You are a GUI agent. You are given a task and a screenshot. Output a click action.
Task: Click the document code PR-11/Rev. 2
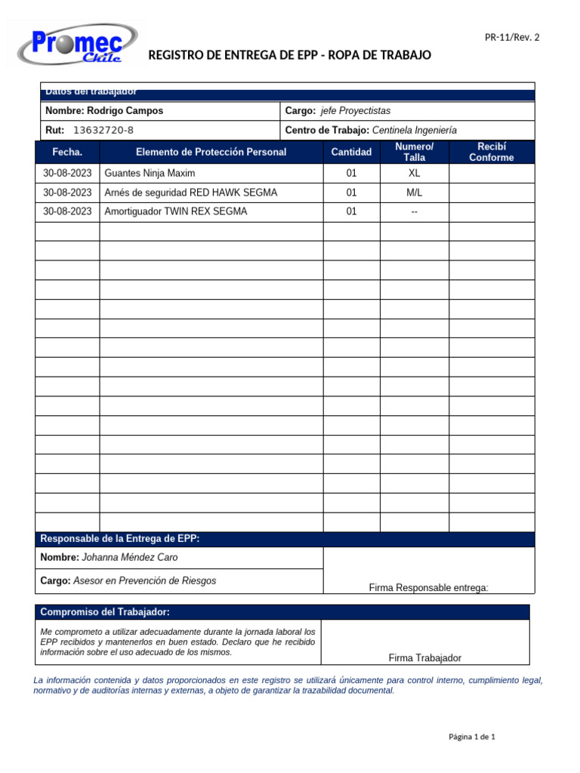pyautogui.click(x=512, y=37)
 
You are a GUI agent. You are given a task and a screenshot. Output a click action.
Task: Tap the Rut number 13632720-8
pyautogui.click(x=103, y=131)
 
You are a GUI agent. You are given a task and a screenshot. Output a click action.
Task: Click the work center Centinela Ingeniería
pyautogui.click(x=415, y=131)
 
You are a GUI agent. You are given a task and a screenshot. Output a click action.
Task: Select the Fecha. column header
pyautogui.click(x=68, y=152)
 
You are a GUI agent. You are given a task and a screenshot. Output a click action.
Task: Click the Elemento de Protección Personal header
pyautogui.click(x=211, y=152)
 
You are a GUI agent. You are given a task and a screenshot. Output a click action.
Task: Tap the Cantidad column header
pyautogui.click(x=351, y=152)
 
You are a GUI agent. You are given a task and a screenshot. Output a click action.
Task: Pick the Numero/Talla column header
pyautogui.click(x=414, y=152)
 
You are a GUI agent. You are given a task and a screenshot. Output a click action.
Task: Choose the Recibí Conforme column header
pyautogui.click(x=491, y=152)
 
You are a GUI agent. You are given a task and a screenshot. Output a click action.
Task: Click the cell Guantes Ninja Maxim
pyautogui.click(x=150, y=174)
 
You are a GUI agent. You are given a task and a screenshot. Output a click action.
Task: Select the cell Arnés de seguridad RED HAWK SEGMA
pyautogui.click(x=190, y=193)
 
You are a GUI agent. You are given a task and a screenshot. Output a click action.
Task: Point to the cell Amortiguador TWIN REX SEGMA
pyautogui.click(x=175, y=212)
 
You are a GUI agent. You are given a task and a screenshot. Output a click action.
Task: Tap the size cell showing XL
pyautogui.click(x=414, y=174)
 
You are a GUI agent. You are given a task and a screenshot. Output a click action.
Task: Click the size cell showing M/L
pyautogui.click(x=414, y=193)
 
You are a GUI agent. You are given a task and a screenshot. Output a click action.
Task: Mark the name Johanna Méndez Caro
pyautogui.click(x=129, y=558)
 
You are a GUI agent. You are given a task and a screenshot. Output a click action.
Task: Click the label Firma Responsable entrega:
pyautogui.click(x=428, y=588)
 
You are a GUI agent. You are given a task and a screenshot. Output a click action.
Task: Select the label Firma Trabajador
pyautogui.click(x=424, y=658)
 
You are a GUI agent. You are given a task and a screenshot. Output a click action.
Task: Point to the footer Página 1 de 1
pyautogui.click(x=471, y=737)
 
